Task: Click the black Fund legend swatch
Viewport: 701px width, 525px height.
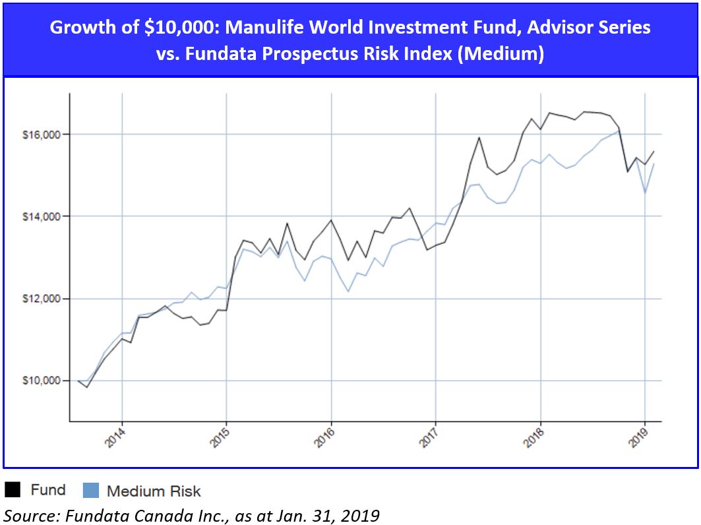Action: tap(13, 489)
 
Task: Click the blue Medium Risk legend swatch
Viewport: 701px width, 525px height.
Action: tap(90, 490)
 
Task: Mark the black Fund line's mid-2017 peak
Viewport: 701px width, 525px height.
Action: tap(479, 138)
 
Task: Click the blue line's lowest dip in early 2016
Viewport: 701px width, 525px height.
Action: tap(348, 291)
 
